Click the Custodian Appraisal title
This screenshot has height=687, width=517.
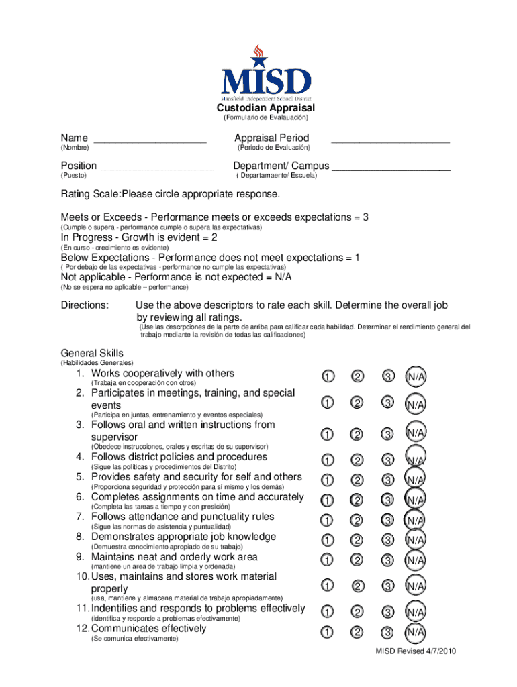(265, 108)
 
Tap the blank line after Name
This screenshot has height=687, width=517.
(150, 141)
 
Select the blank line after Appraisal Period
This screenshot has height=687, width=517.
(390, 141)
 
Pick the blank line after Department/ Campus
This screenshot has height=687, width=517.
(391, 169)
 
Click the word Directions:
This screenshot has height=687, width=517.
(85, 305)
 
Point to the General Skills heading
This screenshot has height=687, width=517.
(92, 353)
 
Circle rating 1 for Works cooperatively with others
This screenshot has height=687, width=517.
(327, 376)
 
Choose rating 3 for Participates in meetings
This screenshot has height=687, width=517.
(387, 403)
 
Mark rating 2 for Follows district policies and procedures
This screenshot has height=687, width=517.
(357, 461)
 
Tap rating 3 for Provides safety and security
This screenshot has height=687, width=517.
(387, 480)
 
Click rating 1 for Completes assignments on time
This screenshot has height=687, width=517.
(327, 500)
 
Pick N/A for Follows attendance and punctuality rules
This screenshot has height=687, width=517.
(415, 520)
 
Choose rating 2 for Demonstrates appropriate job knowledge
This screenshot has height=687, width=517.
(357, 540)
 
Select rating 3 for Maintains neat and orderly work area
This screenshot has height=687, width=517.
(387, 560)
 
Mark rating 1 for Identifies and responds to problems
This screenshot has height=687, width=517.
(327, 612)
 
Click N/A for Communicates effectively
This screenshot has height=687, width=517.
(415, 632)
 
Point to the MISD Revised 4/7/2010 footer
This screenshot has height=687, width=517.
(416, 651)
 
